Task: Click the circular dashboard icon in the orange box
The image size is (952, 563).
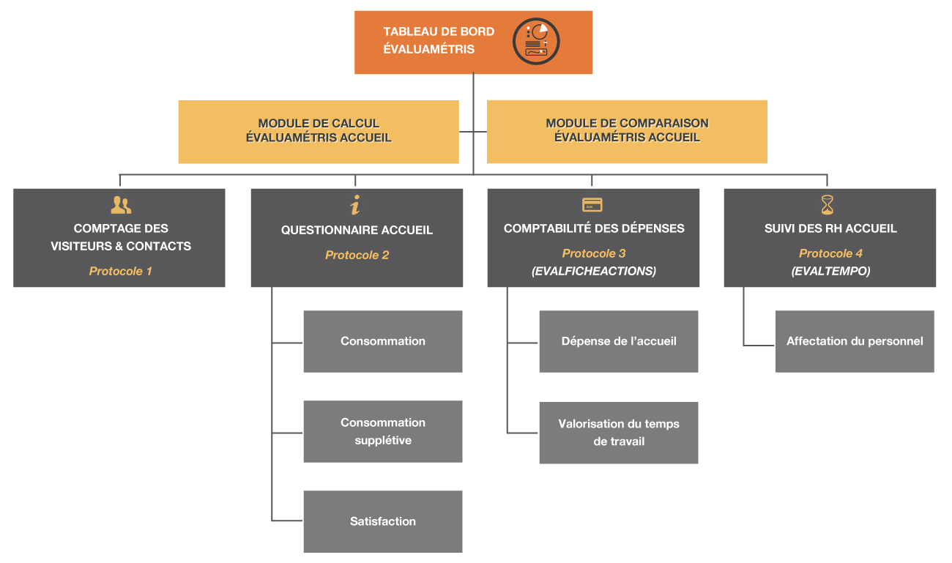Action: click(536, 41)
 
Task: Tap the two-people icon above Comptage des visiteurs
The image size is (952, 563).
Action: click(121, 205)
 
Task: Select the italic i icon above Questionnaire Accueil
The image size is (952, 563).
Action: click(355, 205)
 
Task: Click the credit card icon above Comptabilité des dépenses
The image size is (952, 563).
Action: click(592, 205)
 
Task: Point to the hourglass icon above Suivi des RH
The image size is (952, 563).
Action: click(827, 205)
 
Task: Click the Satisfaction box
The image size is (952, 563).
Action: click(383, 521)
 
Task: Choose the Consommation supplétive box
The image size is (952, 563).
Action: click(383, 431)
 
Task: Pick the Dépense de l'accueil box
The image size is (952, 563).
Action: click(619, 341)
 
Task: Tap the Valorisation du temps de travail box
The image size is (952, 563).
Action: click(619, 433)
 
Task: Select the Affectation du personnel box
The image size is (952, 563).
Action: click(855, 341)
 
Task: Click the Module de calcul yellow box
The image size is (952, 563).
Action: click(319, 132)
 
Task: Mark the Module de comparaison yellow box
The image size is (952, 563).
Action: click(627, 132)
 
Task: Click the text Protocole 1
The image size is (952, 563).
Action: click(120, 271)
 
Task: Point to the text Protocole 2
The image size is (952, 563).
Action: click(357, 255)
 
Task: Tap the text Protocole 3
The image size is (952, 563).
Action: click(594, 253)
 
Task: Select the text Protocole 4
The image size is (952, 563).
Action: click(830, 253)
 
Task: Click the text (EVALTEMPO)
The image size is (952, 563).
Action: click(830, 271)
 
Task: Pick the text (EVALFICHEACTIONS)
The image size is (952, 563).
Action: click(594, 271)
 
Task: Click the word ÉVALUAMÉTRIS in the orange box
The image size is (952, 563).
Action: click(429, 49)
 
